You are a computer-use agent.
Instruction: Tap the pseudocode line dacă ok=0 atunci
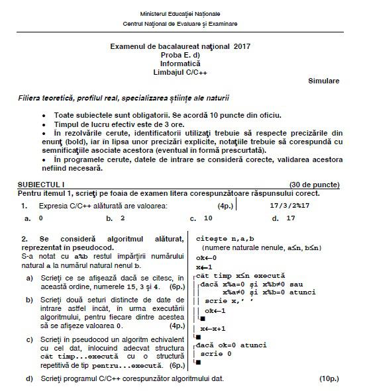[232, 345]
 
